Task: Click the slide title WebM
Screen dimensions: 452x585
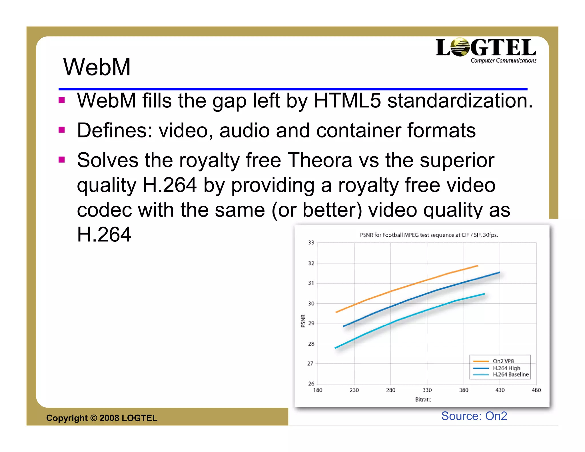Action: tap(97, 67)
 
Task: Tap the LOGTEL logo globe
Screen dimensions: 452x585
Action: tap(460, 47)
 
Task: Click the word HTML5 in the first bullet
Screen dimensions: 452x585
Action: tap(347, 101)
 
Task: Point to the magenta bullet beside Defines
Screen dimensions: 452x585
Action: tap(61, 130)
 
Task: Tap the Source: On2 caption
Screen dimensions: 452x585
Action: tap(474, 416)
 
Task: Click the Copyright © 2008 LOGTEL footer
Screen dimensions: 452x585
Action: tap(102, 418)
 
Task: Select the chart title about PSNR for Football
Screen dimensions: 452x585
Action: tap(429, 235)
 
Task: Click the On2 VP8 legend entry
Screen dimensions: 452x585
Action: tap(503, 361)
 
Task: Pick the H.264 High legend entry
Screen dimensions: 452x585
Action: tap(506, 368)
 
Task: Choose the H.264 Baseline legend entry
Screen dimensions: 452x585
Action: tap(510, 375)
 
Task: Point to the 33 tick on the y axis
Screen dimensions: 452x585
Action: tap(311, 243)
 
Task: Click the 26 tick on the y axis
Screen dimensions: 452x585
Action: tap(311, 384)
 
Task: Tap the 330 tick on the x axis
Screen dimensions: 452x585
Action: tap(427, 390)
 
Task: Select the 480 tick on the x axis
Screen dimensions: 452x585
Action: tap(536, 390)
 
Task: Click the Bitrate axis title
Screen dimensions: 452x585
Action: tap(423, 399)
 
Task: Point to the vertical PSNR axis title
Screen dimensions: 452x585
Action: tap(303, 321)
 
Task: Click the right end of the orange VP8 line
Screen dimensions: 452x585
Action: tap(478, 266)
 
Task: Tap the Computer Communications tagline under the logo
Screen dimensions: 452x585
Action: tap(503, 61)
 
